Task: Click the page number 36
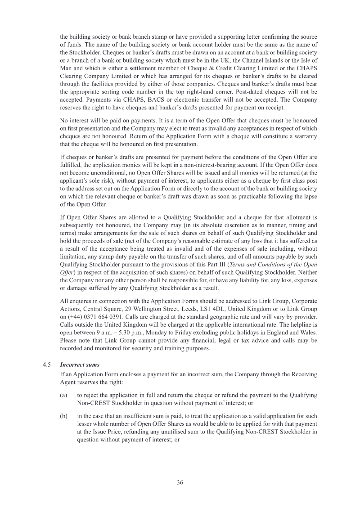click(x=180, y=482)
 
